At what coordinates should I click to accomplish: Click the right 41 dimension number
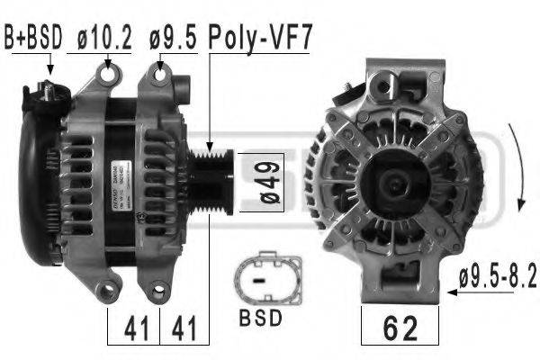pos(184,326)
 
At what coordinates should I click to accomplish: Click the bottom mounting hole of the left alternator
pos(107,290)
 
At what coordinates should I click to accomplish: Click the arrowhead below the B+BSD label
pos(50,69)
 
